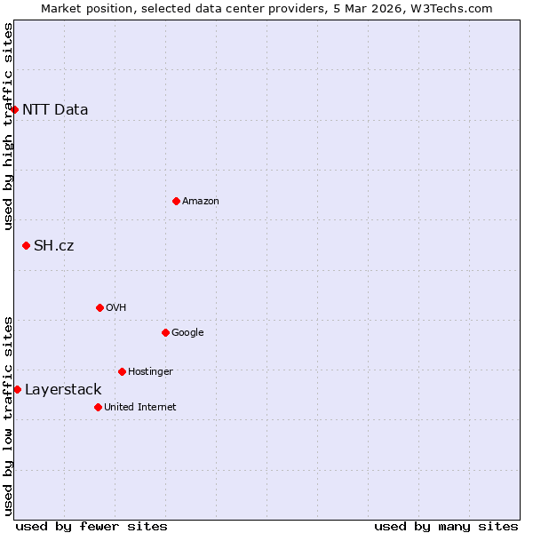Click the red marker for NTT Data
click(x=15, y=109)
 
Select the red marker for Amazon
click(x=176, y=201)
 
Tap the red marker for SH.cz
click(x=26, y=245)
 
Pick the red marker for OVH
click(x=99, y=307)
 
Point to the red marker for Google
click(x=165, y=332)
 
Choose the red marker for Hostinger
click(x=122, y=371)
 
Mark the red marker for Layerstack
click(x=17, y=389)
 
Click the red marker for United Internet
click(x=98, y=407)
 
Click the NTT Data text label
click(x=55, y=110)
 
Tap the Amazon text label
click(x=201, y=202)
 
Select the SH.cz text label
click(x=53, y=246)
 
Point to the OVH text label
click(x=116, y=308)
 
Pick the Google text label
click(x=187, y=333)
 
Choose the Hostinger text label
click(x=150, y=372)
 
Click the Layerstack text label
click(x=63, y=390)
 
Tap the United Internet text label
click(x=140, y=408)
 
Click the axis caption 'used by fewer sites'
click(x=91, y=526)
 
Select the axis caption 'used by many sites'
click(x=446, y=526)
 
